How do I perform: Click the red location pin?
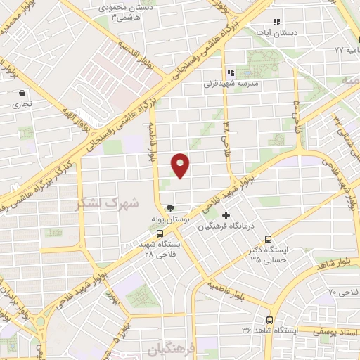click(181, 165)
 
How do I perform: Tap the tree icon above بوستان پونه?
click(170, 207)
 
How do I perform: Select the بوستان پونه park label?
click(171, 219)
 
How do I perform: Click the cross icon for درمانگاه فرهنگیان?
click(226, 214)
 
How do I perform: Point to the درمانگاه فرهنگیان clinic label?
click(225, 226)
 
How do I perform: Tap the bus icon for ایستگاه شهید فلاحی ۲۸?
click(160, 233)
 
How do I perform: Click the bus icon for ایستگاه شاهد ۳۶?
click(269, 320)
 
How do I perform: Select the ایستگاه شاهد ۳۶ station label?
click(270, 330)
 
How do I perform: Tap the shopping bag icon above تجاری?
click(22, 93)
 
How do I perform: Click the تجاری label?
click(22, 104)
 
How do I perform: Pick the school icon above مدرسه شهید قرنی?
click(231, 72)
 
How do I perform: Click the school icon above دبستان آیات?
click(276, 22)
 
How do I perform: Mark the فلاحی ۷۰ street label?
click(343, 291)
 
